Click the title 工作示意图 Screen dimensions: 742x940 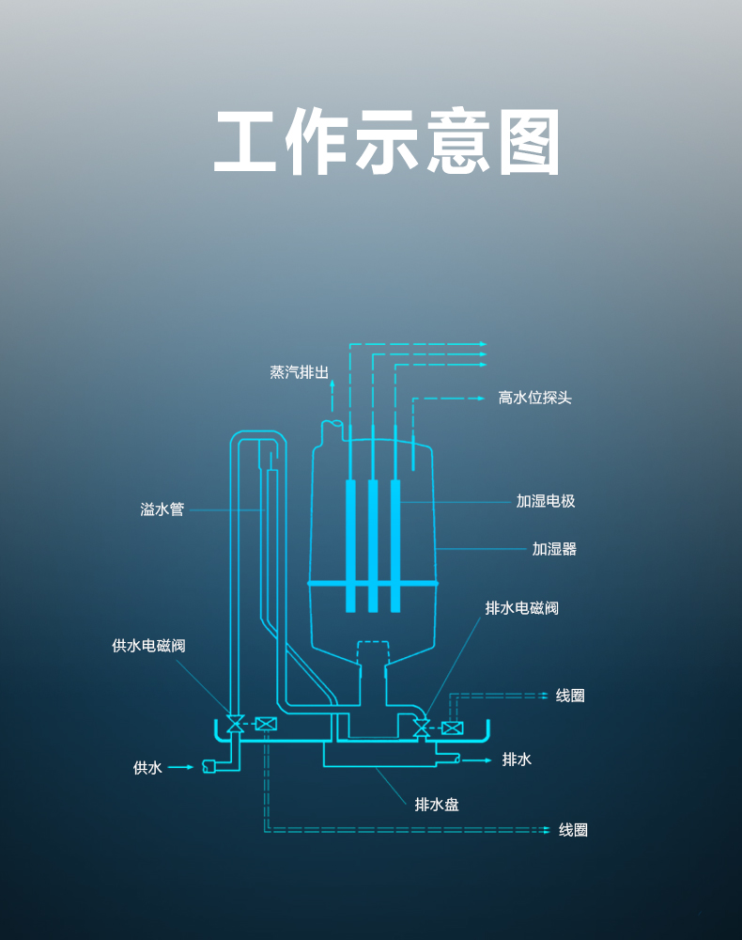pyautogui.click(x=387, y=142)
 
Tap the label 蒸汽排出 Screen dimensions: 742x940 pyautogui.click(x=300, y=372)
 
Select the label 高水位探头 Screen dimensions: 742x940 pyautogui.click(x=534, y=398)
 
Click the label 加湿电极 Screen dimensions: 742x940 pyautogui.click(x=546, y=501)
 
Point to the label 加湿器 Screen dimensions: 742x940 pyautogui.click(x=554, y=549)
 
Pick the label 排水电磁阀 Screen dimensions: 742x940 pyautogui.click(x=521, y=608)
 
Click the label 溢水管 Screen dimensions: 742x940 pyautogui.click(x=162, y=509)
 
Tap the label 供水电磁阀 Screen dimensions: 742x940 pyautogui.click(x=148, y=645)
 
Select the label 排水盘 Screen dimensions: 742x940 pyautogui.click(x=437, y=804)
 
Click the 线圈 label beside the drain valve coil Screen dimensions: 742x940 pyautogui.click(x=570, y=696)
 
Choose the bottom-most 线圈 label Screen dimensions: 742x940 pyautogui.click(x=573, y=830)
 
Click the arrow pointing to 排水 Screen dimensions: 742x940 pyautogui.click(x=477, y=760)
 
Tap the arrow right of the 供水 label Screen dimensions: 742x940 pyautogui.click(x=181, y=767)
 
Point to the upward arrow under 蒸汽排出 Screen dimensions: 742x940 pyautogui.click(x=332, y=396)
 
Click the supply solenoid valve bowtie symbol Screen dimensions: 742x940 pyautogui.click(x=235, y=724)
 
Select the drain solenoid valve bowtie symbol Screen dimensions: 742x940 pyautogui.click(x=422, y=728)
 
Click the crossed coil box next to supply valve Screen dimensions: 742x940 pyautogui.click(x=266, y=724)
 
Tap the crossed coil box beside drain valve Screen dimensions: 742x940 pyautogui.click(x=452, y=728)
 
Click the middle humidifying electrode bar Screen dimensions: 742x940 pyautogui.click(x=373, y=545)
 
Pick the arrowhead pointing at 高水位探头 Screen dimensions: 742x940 pyautogui.click(x=480, y=398)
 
